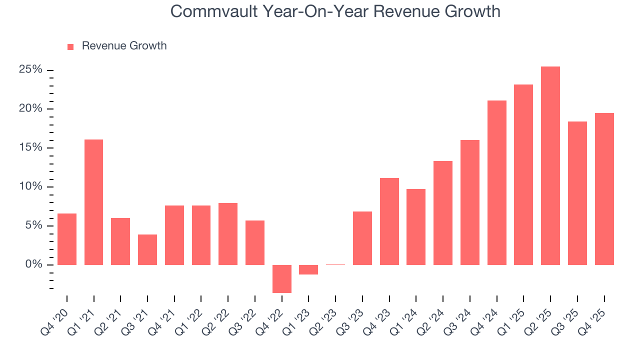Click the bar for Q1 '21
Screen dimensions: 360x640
93,202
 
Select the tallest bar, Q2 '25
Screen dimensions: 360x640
550,165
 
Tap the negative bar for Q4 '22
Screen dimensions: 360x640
282,278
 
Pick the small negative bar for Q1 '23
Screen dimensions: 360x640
308,269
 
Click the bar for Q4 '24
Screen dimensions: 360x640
497,182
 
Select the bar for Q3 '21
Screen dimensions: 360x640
147,249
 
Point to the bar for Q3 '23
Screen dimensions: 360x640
362,238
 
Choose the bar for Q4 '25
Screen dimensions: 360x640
604,189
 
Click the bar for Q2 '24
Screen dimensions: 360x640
443,212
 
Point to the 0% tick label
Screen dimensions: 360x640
34,264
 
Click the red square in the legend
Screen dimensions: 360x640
70,46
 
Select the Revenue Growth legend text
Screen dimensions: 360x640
124,46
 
